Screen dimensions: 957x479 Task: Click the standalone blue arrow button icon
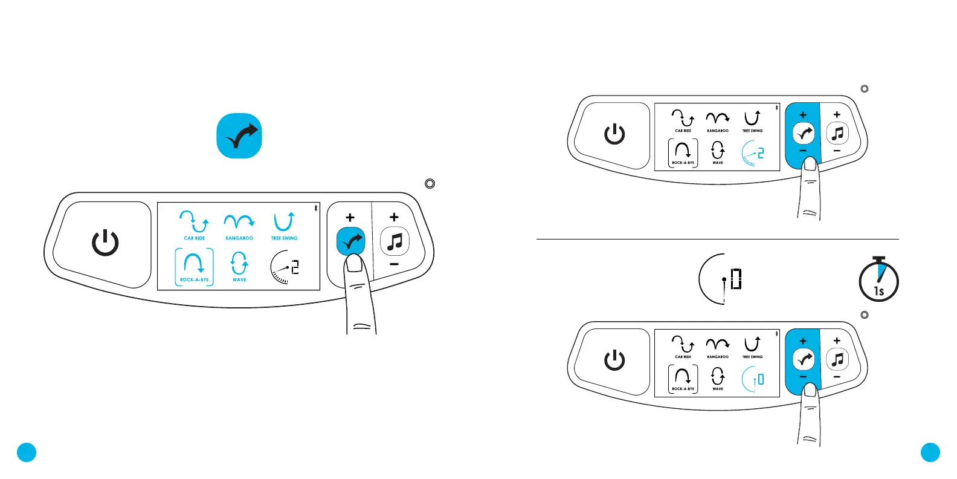point(239,136)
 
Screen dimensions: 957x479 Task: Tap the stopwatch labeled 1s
point(878,282)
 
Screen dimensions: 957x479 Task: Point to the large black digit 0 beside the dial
point(736,279)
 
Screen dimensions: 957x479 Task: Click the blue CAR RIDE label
point(195,238)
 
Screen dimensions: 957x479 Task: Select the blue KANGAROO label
point(239,238)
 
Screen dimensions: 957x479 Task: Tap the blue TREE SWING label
point(284,238)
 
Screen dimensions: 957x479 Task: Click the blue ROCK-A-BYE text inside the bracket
point(195,280)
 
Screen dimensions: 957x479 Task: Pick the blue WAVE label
point(239,280)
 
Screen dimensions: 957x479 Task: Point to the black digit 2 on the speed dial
point(295,267)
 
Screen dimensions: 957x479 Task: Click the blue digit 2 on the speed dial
point(761,153)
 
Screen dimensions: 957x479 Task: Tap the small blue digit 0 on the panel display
point(761,379)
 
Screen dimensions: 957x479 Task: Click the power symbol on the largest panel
point(105,243)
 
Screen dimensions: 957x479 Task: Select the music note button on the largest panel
point(395,243)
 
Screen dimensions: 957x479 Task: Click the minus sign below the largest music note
point(394,264)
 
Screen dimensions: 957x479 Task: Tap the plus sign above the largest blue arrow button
point(350,218)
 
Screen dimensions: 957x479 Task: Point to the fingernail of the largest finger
point(354,263)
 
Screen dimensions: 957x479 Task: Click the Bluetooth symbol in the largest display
point(315,208)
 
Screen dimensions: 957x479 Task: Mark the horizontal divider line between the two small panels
point(717,239)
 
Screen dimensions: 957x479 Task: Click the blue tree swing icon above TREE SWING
point(284,222)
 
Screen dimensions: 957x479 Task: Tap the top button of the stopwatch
point(879,258)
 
